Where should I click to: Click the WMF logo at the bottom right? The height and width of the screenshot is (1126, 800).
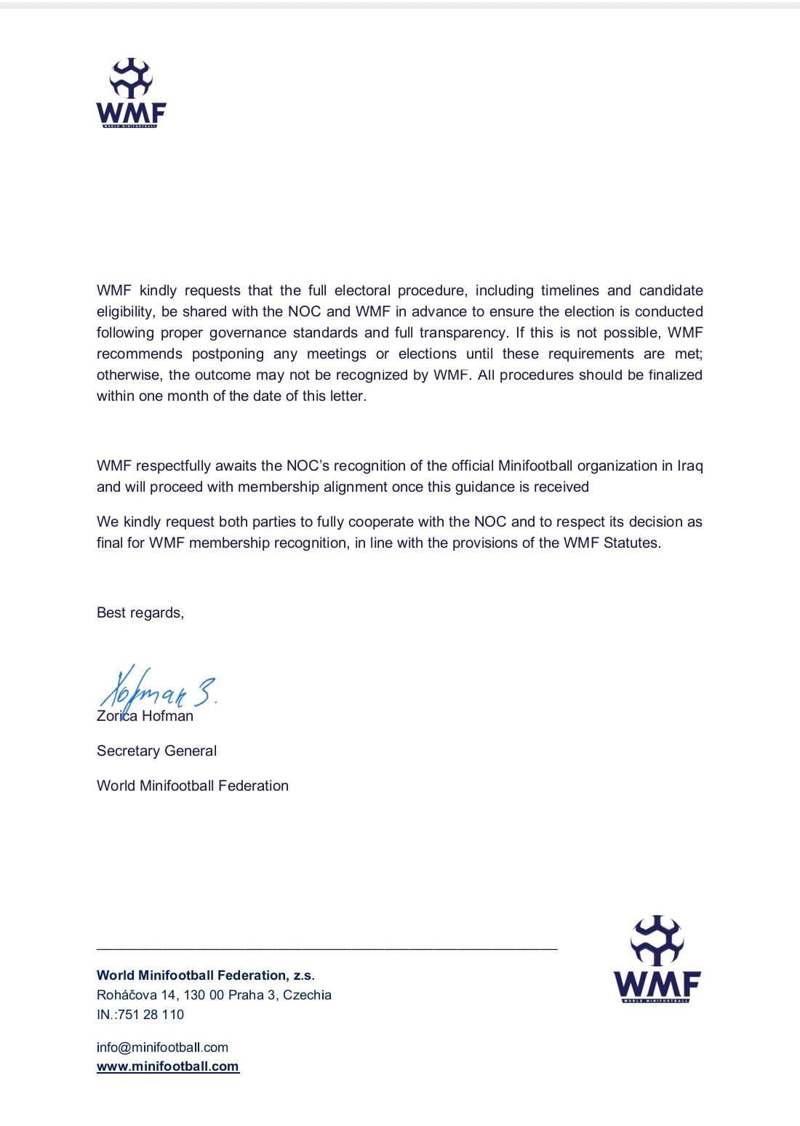pyautogui.click(x=657, y=959)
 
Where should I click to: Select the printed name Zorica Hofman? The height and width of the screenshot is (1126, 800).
pyautogui.click(x=145, y=716)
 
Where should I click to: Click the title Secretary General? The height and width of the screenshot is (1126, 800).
pyautogui.click(x=156, y=751)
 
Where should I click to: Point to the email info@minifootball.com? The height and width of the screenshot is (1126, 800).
pyautogui.click(x=162, y=1047)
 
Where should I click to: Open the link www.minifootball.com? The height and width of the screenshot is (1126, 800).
pyautogui.click(x=168, y=1066)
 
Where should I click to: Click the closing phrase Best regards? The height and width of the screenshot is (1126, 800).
pyautogui.click(x=140, y=612)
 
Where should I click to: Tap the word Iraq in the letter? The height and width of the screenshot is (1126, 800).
pyautogui.click(x=690, y=466)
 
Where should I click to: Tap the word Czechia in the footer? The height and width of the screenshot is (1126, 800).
pyautogui.click(x=307, y=995)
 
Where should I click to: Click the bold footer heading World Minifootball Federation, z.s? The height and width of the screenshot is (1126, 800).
pyautogui.click(x=206, y=975)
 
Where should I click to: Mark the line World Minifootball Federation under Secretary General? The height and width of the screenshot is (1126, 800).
pyautogui.click(x=193, y=786)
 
